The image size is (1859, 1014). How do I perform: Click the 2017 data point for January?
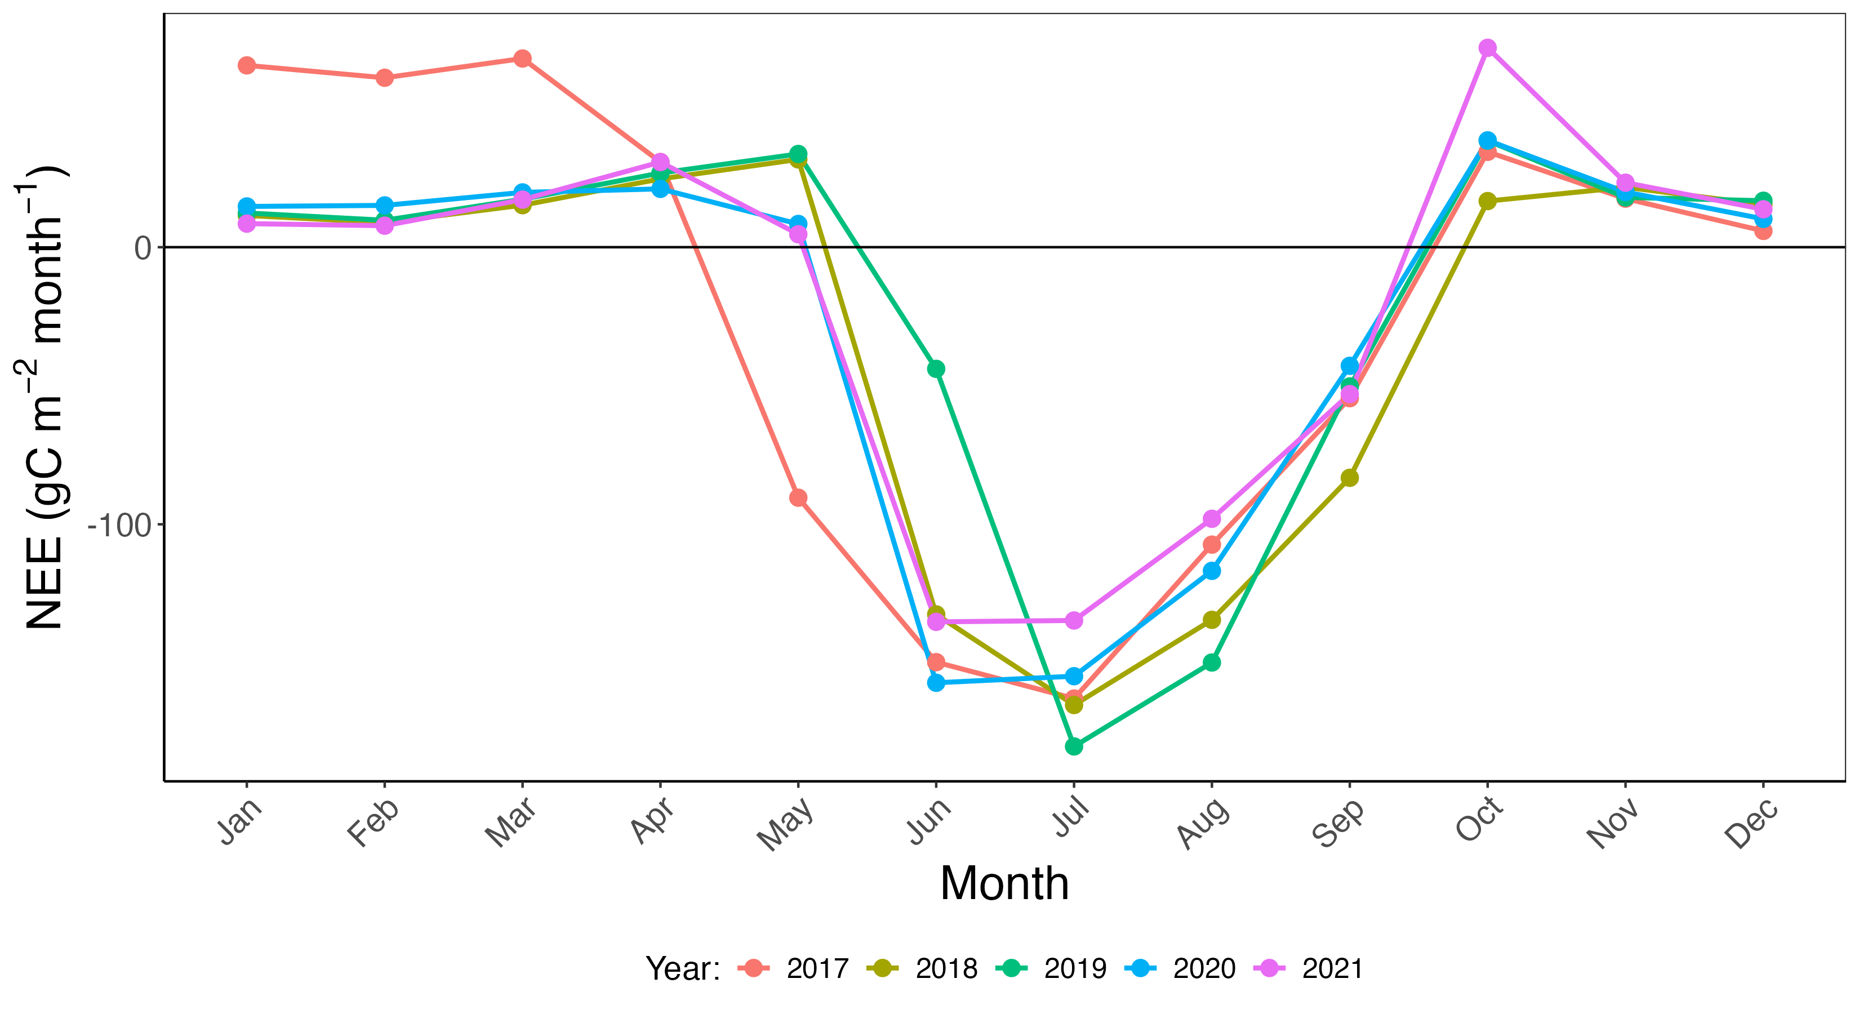point(246,66)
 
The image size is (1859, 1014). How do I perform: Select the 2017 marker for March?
point(522,59)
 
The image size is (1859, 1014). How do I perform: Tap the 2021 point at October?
point(1487,48)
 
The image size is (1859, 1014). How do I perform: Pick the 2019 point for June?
point(936,370)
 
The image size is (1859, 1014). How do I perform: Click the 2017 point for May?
point(798,498)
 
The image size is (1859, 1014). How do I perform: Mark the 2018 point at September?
point(1350,478)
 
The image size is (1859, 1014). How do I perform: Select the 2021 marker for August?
point(1212,519)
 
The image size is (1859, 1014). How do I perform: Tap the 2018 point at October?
point(1487,201)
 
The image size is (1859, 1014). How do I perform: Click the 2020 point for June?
point(936,683)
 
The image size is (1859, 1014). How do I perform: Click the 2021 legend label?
point(1332,968)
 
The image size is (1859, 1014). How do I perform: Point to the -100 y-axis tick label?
point(119,526)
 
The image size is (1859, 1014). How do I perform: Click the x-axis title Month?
point(1004,883)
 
